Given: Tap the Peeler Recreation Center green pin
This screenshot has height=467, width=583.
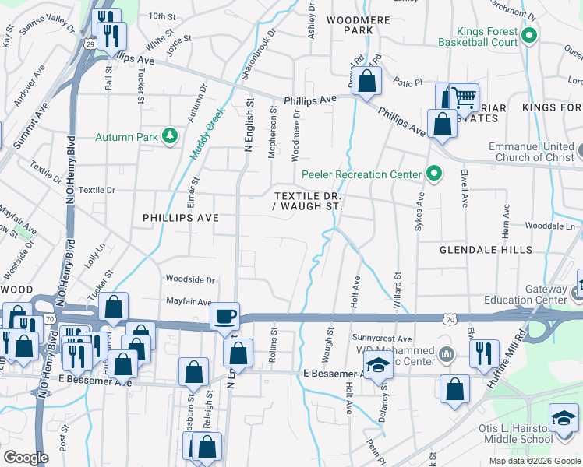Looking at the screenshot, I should tap(434, 174).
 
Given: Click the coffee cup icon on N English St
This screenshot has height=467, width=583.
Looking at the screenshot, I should tap(225, 316).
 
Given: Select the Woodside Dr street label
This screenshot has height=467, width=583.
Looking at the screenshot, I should tap(189, 279).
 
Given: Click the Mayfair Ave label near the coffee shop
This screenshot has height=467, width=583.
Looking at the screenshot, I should tap(189, 302).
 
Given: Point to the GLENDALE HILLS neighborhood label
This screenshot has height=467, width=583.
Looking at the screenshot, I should tap(486, 250).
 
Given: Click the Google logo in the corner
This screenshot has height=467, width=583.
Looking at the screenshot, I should tap(26, 458).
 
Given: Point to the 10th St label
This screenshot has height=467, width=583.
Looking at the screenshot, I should tap(162, 16).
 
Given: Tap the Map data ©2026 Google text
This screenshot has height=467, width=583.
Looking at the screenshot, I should tap(534, 461).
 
